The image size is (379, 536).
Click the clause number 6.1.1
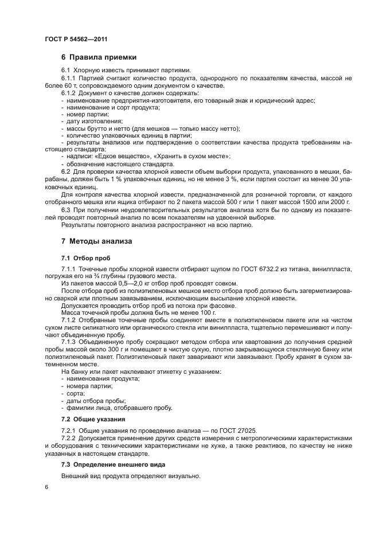(69, 78)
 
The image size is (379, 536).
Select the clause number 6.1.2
(69, 93)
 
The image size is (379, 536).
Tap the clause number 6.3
(66, 210)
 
